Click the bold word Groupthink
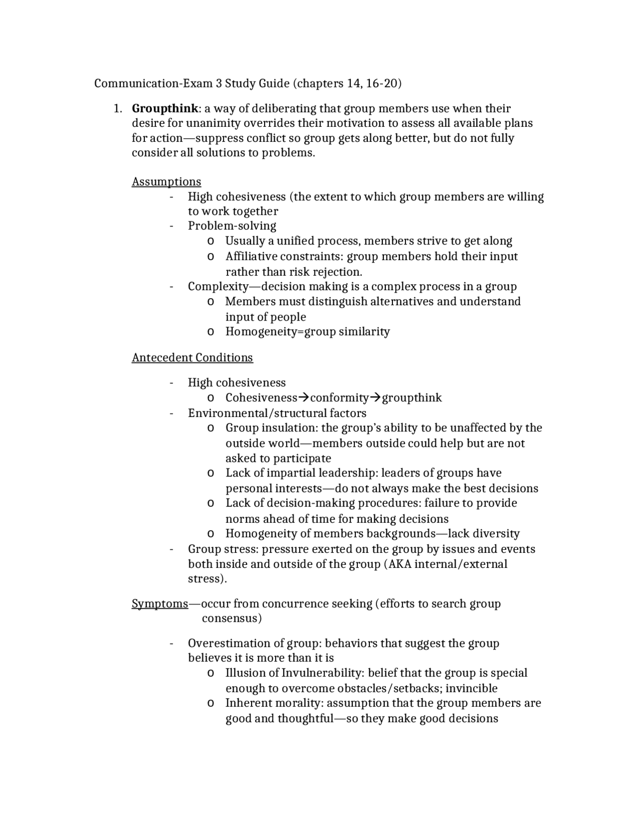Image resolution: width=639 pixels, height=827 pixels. (165, 108)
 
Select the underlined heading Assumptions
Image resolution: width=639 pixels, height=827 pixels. (166, 182)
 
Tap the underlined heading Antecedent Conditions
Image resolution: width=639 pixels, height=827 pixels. (192, 358)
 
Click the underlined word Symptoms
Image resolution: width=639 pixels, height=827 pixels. (160, 604)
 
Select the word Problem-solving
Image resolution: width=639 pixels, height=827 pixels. (232, 226)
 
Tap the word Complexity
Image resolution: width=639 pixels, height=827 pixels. (218, 287)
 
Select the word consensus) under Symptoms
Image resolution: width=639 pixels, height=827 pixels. (232, 619)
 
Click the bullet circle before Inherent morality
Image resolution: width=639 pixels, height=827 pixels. (210, 704)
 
